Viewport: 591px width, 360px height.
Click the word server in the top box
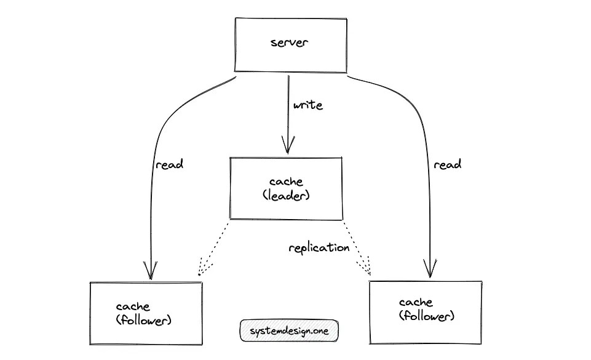pyautogui.click(x=290, y=42)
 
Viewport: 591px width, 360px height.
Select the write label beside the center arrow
pyautogui.click(x=307, y=105)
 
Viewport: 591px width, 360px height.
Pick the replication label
pyautogui.click(x=319, y=248)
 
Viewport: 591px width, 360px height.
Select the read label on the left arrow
pyautogui.click(x=170, y=164)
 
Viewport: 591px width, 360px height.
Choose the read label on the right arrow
pyautogui.click(x=447, y=164)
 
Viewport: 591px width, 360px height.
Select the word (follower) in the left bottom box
pyautogui.click(x=143, y=320)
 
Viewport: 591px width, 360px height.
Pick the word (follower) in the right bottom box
pyautogui.click(x=427, y=316)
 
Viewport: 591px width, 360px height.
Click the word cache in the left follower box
pyautogui.click(x=132, y=306)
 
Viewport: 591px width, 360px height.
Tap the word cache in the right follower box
pyautogui.click(x=416, y=303)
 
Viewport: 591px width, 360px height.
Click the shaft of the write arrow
pyautogui.click(x=287, y=111)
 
